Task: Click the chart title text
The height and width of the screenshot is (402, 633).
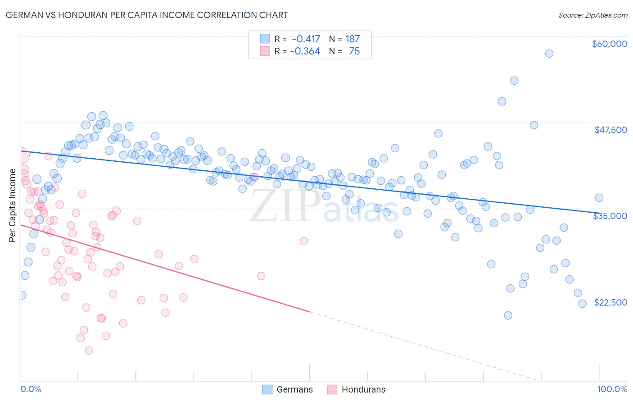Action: pos(147,15)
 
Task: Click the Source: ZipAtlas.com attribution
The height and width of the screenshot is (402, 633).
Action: pos(592,15)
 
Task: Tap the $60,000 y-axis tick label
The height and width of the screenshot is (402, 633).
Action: pos(609,44)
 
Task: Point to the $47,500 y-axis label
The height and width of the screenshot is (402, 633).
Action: pos(610,130)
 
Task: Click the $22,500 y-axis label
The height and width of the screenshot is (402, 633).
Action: pos(610,302)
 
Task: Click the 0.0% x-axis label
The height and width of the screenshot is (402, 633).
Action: pos(31,389)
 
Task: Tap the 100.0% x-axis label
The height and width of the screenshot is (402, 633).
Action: pos(612,389)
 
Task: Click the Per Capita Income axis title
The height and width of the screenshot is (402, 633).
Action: pos(13,205)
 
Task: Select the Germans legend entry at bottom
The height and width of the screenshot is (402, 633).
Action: pos(287,389)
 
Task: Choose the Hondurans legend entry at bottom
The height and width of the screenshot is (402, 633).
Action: pos(356,389)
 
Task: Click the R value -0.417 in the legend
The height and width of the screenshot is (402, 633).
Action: pos(306,39)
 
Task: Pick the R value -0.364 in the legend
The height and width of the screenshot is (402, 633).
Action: pos(305,51)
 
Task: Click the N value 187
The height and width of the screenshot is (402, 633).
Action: pos(353,39)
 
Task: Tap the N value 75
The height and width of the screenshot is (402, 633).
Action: pos(354,51)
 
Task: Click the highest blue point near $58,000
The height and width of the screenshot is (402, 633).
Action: pos(549,54)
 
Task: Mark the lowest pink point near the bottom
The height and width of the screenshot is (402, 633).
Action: pos(89,350)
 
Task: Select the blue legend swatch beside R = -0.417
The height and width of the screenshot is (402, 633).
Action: pos(265,39)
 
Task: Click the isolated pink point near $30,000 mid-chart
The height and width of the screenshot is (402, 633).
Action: pos(304,241)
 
